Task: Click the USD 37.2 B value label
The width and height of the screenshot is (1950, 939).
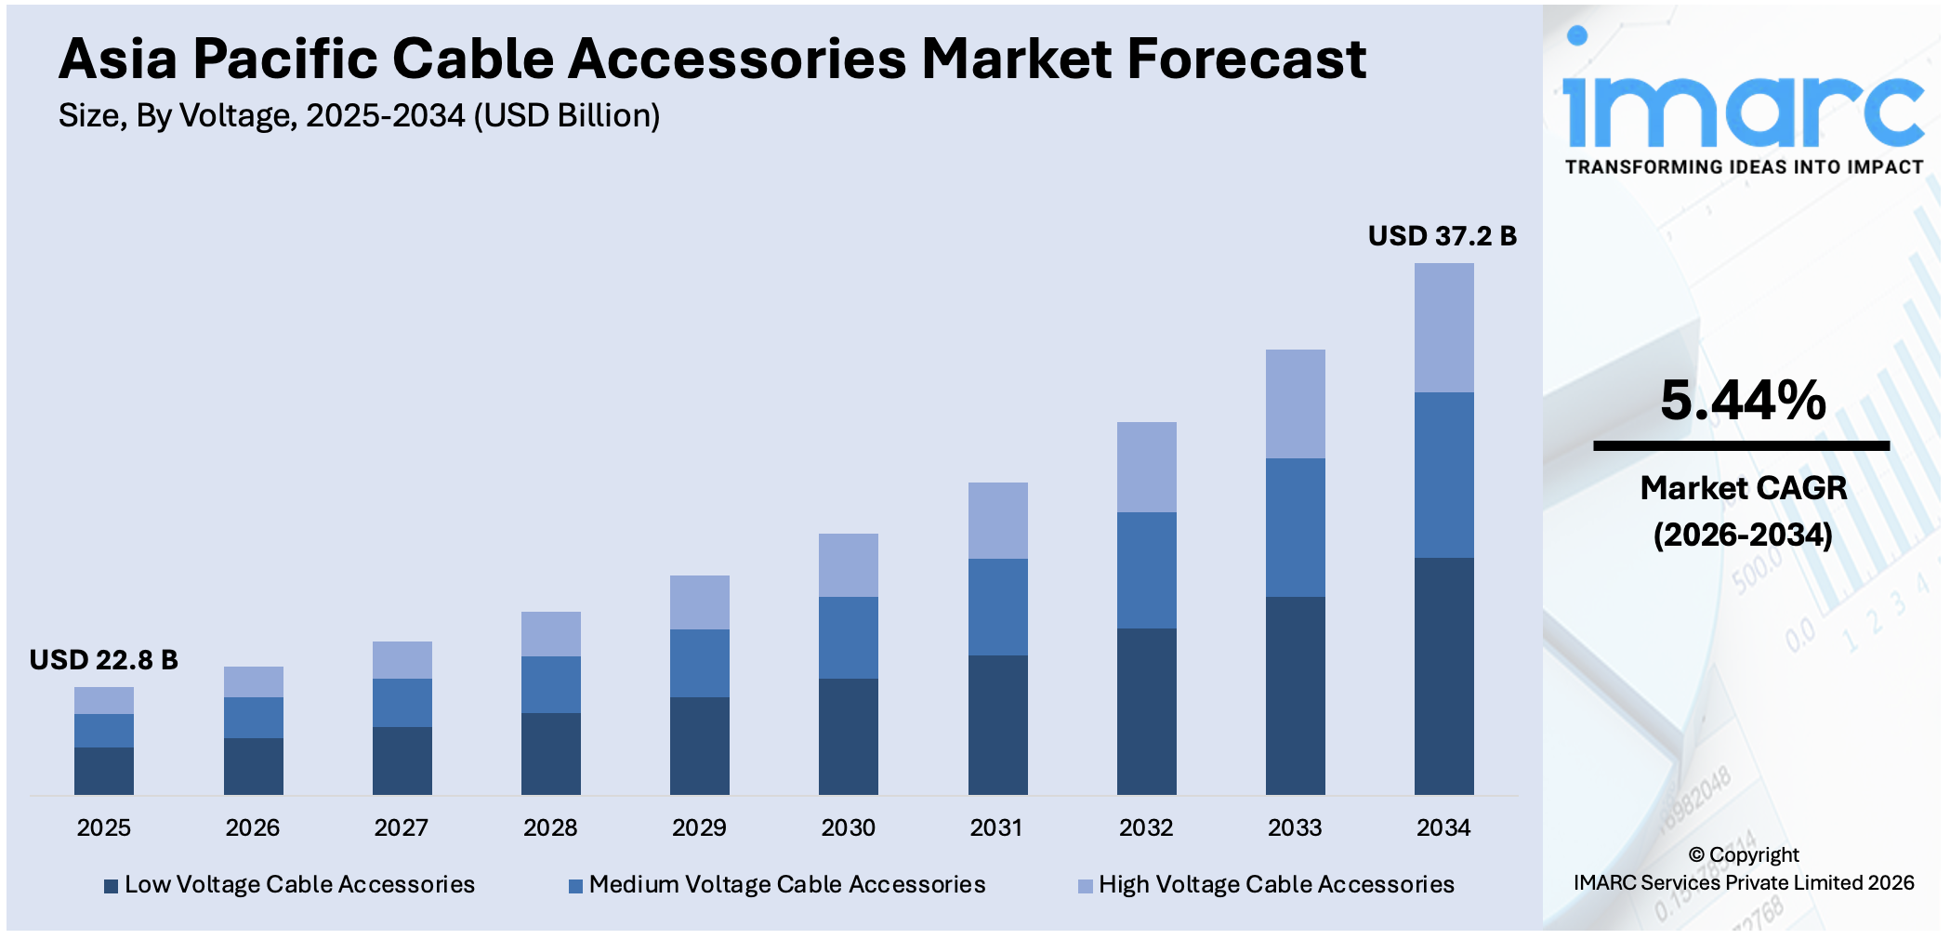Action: tap(1442, 236)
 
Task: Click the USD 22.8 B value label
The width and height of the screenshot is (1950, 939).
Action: tap(103, 660)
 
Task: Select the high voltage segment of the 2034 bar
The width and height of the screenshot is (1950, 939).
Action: tap(1443, 327)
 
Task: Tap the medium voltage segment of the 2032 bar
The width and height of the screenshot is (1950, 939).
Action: tap(1146, 570)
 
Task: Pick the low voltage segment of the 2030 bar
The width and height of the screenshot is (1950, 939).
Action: tap(848, 736)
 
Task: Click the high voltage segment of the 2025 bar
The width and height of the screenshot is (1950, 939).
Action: tap(104, 700)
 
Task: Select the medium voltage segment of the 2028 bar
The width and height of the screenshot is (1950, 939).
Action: tap(550, 684)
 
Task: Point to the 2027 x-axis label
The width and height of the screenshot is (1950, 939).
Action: tap(401, 827)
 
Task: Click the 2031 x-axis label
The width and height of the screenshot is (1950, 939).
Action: tap(996, 827)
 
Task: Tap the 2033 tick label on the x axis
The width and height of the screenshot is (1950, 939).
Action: tap(1295, 827)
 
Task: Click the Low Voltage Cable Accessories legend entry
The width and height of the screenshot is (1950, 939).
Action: tap(298, 884)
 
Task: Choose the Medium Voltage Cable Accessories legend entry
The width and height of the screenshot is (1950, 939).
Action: tap(786, 884)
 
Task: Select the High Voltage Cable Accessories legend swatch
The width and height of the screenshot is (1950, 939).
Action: tap(1085, 886)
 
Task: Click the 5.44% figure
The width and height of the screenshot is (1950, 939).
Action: tap(1743, 401)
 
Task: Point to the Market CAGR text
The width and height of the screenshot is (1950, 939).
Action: tap(1743, 488)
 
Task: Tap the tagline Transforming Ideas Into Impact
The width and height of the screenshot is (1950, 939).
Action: tap(1744, 167)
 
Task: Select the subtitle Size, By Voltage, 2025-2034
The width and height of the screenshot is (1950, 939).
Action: tap(359, 116)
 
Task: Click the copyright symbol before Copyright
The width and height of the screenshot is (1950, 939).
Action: tap(1696, 855)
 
